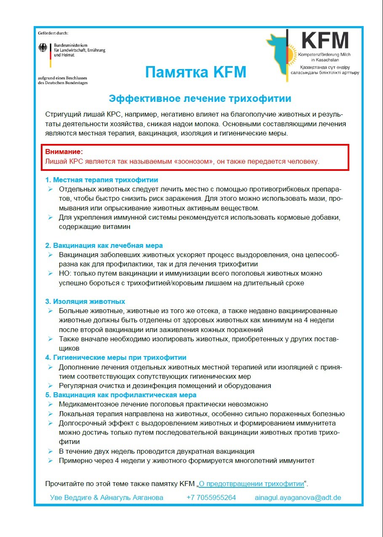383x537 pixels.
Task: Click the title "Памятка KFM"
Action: (195, 72)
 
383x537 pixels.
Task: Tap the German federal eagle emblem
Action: (43, 48)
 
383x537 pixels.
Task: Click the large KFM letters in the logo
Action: (325, 40)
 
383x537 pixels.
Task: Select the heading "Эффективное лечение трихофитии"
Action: (200, 99)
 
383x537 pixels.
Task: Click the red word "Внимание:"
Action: (64, 152)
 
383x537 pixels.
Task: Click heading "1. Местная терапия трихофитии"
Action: (101, 180)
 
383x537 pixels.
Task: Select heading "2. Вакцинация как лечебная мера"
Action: (104, 245)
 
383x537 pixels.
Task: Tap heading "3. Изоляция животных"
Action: (85, 302)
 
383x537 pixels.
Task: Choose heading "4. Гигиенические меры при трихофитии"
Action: (116, 358)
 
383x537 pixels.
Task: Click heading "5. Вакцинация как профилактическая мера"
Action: (121, 395)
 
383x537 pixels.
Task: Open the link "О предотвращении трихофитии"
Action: (251, 484)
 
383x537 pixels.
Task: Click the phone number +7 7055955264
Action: (211, 497)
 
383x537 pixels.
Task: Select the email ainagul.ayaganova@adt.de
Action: (298, 497)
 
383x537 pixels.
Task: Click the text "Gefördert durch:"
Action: (53, 33)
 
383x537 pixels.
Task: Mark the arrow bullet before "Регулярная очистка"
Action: (50, 385)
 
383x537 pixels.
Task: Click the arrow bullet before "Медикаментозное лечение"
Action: (50, 404)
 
